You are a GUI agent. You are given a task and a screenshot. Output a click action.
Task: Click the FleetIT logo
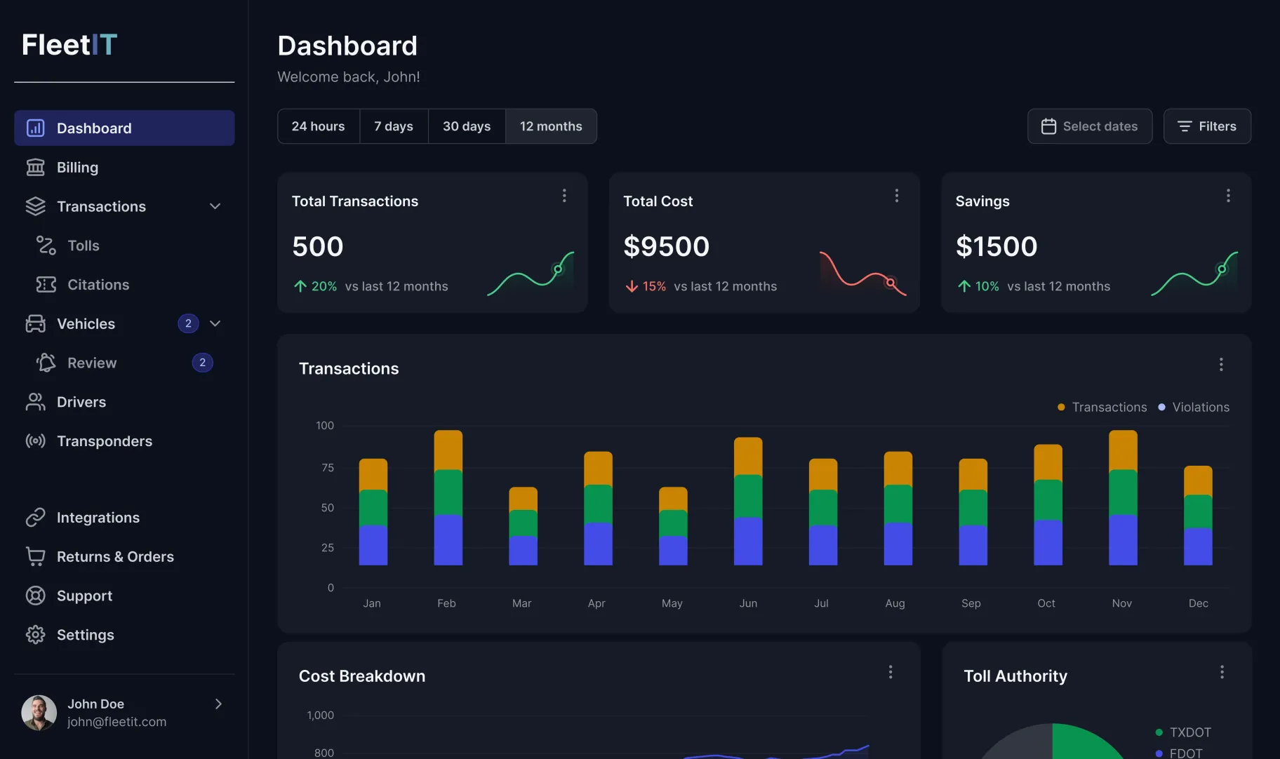pos(69,45)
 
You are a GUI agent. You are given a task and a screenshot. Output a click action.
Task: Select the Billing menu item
pos(77,168)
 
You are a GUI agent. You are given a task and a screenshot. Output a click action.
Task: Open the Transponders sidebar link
pos(104,441)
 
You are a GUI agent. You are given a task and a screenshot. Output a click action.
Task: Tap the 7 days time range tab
pos(394,126)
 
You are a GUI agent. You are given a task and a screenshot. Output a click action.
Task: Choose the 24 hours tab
pos(318,126)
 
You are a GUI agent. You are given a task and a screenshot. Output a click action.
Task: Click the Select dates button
pos(1089,126)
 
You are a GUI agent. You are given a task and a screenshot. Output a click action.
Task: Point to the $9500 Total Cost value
pos(666,246)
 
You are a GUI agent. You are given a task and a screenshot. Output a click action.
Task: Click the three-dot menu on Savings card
pos(1228,196)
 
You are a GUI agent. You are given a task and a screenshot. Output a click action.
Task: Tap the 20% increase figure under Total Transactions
pos(324,286)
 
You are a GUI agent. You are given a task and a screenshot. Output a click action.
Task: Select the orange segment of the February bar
pos(448,450)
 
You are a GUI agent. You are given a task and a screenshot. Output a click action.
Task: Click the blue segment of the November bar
pos(1122,539)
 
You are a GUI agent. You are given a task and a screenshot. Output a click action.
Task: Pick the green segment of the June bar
pos(747,496)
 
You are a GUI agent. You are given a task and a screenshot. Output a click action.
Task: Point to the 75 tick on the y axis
pos(328,468)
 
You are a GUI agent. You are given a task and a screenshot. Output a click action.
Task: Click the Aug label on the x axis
pos(895,603)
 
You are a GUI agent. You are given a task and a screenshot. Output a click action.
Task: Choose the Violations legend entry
pos(1200,408)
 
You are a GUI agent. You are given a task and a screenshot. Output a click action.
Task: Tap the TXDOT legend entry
pos(1189,732)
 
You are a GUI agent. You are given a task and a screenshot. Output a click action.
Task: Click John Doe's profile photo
pos(39,713)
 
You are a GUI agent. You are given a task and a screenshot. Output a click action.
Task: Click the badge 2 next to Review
pos(202,363)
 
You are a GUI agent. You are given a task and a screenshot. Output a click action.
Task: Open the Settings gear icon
pos(35,635)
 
